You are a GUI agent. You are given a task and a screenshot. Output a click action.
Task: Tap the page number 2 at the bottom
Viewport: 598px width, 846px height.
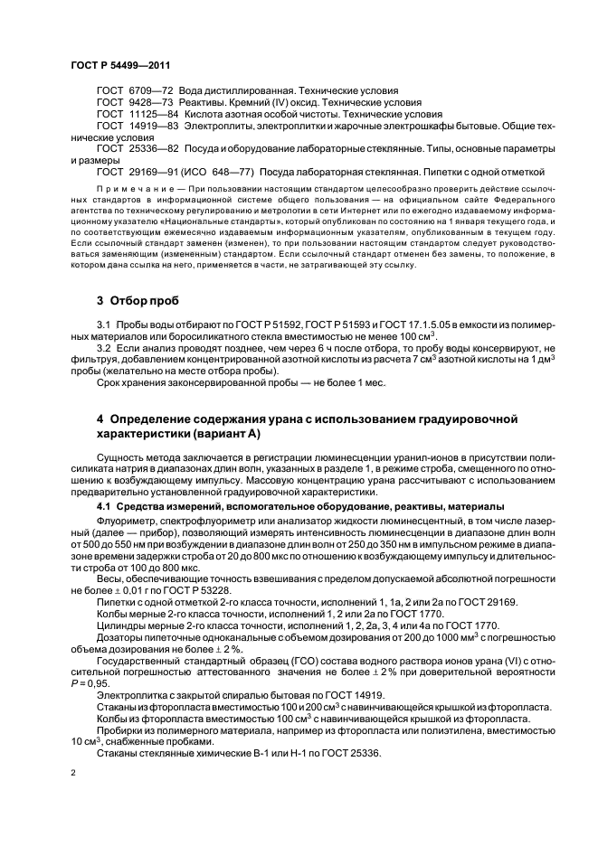pyautogui.click(x=73, y=774)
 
